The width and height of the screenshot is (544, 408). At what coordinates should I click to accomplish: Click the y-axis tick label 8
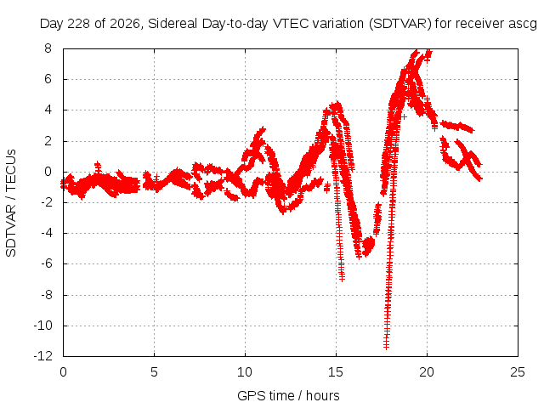click(x=48, y=48)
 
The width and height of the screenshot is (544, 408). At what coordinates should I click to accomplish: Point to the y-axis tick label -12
click(x=43, y=356)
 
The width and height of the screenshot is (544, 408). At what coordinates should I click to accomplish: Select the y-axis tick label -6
click(x=46, y=263)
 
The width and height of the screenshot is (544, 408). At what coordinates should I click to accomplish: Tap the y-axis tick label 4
click(x=48, y=110)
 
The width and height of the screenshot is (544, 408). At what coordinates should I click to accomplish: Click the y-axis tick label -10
click(x=43, y=326)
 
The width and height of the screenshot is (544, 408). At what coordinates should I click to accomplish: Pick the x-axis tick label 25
click(x=518, y=372)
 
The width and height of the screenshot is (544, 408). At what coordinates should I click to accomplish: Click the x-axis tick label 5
click(x=154, y=372)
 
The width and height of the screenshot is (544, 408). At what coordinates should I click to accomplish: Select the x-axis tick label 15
click(x=336, y=372)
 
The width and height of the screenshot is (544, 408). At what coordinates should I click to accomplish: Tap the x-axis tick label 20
click(x=427, y=372)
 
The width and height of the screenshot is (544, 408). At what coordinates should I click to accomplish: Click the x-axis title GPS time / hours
click(x=288, y=396)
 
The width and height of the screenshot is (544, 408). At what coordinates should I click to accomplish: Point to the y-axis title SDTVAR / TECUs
click(x=11, y=203)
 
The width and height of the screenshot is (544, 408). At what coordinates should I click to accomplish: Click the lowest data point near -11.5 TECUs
click(x=386, y=346)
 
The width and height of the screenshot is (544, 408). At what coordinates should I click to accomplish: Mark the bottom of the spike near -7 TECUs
click(x=342, y=278)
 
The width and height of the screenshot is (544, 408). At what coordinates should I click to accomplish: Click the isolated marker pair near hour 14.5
click(x=326, y=189)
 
